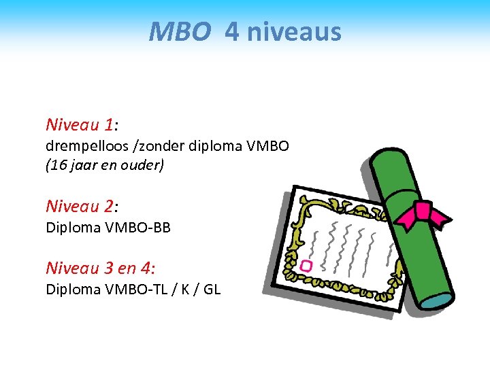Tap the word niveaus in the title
coord(294,31)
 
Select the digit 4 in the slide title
coord(232,31)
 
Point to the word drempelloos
coord(82,145)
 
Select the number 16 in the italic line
coord(58,165)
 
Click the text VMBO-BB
coord(137,228)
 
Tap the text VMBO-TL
coord(136,289)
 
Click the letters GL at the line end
coord(212,289)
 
